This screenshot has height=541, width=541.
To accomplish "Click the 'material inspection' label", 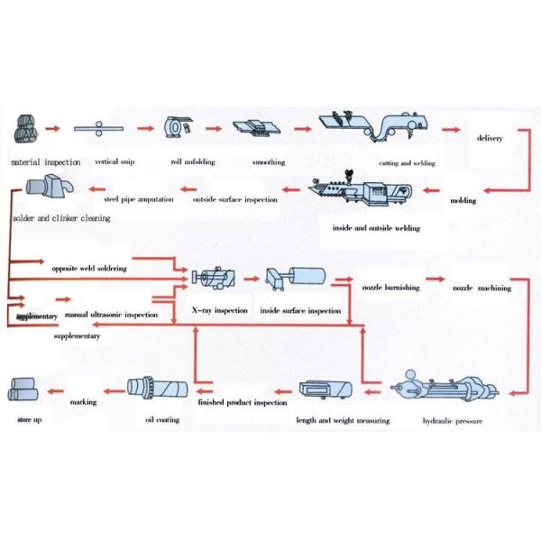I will [42, 162].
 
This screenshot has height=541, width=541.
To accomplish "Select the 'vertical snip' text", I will [116, 162].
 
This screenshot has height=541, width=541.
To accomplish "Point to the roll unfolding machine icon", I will [177, 129].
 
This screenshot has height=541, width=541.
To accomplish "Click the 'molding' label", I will [463, 200].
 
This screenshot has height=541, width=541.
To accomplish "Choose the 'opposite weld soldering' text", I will [87, 268].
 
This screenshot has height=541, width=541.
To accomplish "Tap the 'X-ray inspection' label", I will [220, 309].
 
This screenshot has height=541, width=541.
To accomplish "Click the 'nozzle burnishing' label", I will [391, 289].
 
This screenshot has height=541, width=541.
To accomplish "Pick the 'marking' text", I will [84, 401].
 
